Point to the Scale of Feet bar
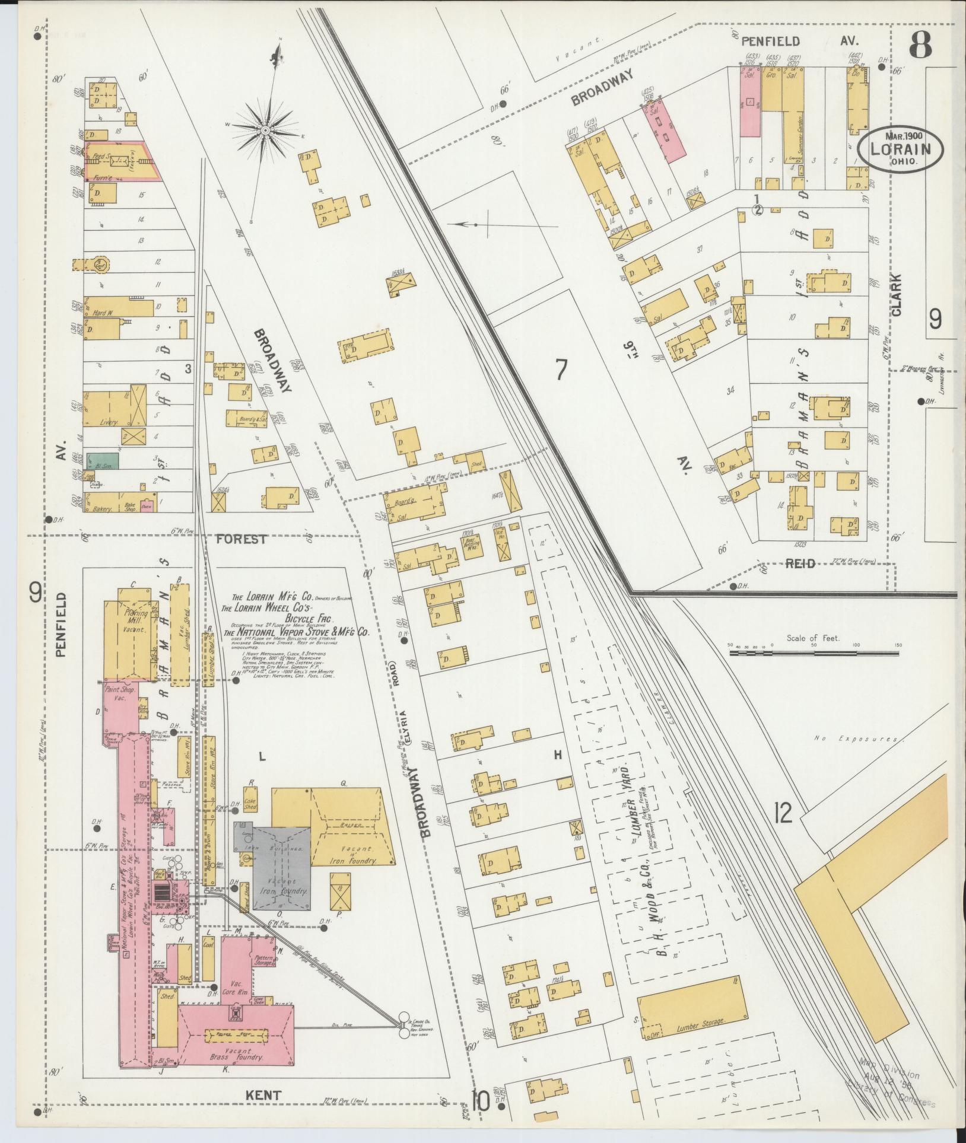click(814, 653)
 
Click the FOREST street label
click(241, 539)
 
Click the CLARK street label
click(896, 294)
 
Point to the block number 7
click(561, 370)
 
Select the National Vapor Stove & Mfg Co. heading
click(296, 632)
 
